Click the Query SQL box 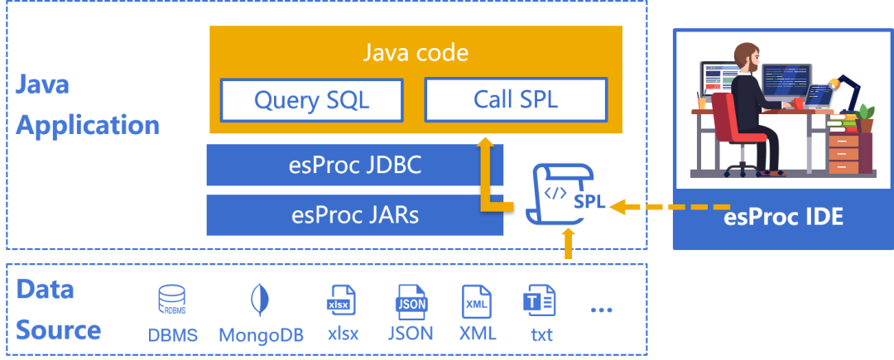point(311,100)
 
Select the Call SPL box point(516,100)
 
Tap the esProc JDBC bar point(354,166)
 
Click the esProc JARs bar point(354,214)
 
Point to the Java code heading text point(416,53)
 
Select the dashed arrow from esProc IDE point(670,205)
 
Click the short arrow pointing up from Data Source point(567,243)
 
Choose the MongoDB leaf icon point(260,300)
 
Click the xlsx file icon point(342,300)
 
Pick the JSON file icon point(411,300)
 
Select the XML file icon point(475,300)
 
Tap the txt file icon point(539,300)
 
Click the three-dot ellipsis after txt point(602,310)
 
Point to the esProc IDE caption point(783,217)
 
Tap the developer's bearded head point(747,57)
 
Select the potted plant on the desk point(865,118)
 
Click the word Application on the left point(88,125)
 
